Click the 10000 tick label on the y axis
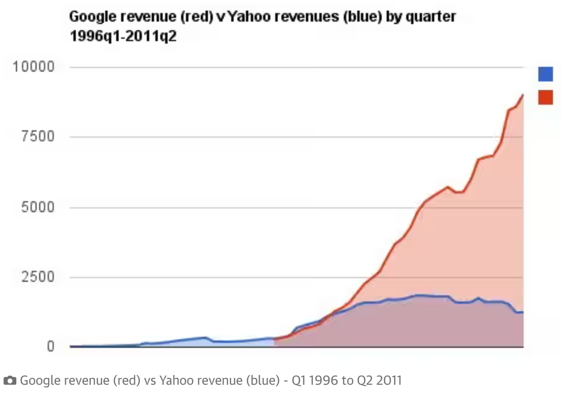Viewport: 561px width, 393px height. [33, 68]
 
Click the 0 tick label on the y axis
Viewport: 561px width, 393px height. [50, 347]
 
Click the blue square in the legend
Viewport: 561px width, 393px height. [545, 74]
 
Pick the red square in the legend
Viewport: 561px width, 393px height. [545, 97]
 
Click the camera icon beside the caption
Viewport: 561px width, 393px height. [10, 381]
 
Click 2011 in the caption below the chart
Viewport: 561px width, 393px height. [390, 381]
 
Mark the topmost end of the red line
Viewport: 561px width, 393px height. [523, 95]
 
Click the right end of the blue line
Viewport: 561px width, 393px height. [523, 312]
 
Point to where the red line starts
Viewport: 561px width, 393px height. [274, 340]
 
